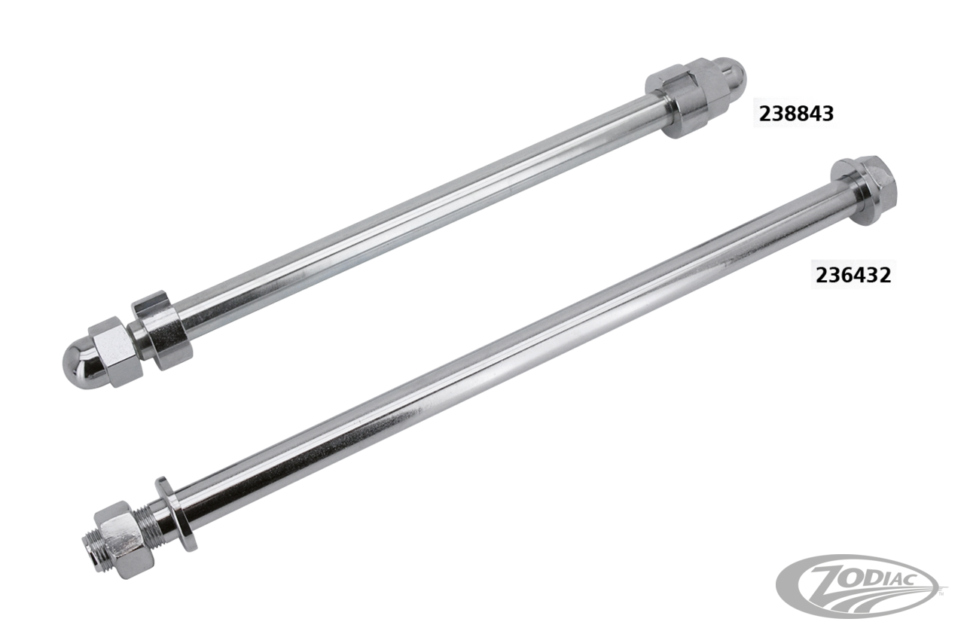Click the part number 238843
[796, 114]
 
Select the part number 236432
[853, 275]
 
